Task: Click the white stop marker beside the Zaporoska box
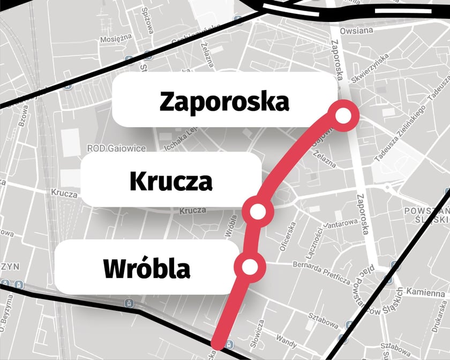[x=343, y=115]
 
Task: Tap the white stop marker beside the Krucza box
[x=258, y=212]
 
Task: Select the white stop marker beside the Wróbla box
[x=250, y=266]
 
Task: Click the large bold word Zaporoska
[x=224, y=101]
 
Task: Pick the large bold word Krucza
[x=171, y=182]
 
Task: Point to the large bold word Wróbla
[x=147, y=268]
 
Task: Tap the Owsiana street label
[x=356, y=30]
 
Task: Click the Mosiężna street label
[x=116, y=40]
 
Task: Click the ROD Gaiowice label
[x=111, y=148]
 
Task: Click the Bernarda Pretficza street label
[x=321, y=273]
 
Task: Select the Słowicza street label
[x=260, y=332]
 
